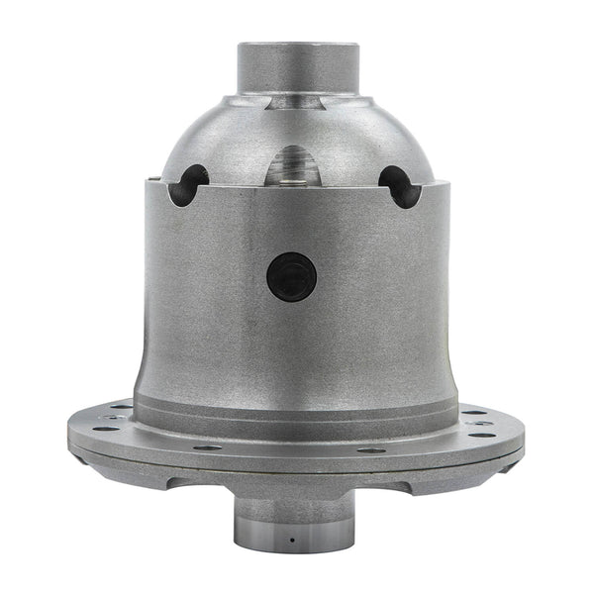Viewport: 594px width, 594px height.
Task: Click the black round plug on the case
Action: point(292,277)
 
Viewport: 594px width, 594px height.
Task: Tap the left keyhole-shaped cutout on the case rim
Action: point(187,185)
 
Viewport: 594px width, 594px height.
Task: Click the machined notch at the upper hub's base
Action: point(294,99)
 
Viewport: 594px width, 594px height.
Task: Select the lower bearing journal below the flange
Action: point(294,520)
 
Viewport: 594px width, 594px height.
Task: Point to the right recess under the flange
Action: point(401,483)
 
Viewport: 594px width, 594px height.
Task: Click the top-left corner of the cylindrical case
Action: point(148,181)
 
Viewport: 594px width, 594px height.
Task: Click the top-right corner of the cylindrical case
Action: point(442,181)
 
